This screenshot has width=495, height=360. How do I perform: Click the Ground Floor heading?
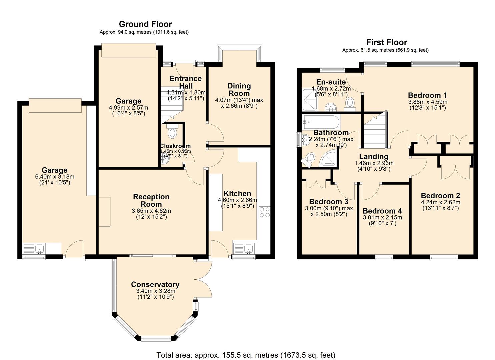[x=145, y=24]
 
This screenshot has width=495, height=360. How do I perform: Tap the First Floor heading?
[x=386, y=42]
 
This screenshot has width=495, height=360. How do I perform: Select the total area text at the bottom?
[x=246, y=355]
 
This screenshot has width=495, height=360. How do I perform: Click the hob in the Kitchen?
[x=265, y=212]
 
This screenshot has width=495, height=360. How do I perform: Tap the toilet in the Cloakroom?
[x=172, y=132]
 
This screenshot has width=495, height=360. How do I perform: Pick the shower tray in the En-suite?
[x=310, y=100]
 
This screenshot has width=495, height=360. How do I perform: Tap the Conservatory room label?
[x=155, y=284]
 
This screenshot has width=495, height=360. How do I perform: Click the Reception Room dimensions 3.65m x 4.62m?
[x=151, y=211]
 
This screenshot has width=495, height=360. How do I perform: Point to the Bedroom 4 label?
[x=382, y=211]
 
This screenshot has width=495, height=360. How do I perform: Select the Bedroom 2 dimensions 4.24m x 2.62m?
[x=440, y=202]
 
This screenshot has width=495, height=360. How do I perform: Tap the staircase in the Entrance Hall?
[x=174, y=103]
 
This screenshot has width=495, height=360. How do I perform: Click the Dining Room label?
[x=239, y=90]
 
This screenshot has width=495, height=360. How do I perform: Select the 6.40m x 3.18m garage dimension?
[x=55, y=177]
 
